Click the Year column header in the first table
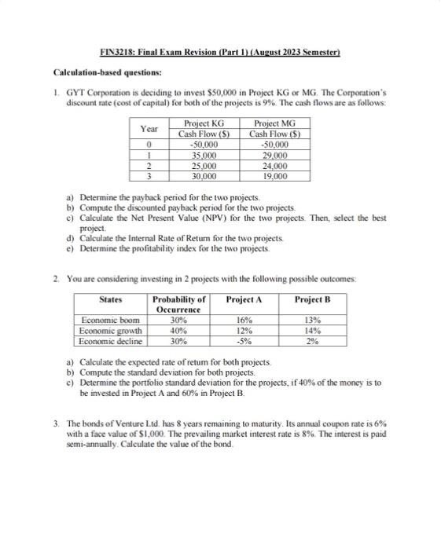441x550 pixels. [x=148, y=128]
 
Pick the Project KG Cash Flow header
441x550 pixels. [x=203, y=128]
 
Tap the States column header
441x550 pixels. [x=112, y=299]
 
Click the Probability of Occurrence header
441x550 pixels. [x=178, y=304]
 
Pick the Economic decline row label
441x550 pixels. [x=113, y=341]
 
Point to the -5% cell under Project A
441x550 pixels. [x=244, y=341]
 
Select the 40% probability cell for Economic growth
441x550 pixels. [x=178, y=331]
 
